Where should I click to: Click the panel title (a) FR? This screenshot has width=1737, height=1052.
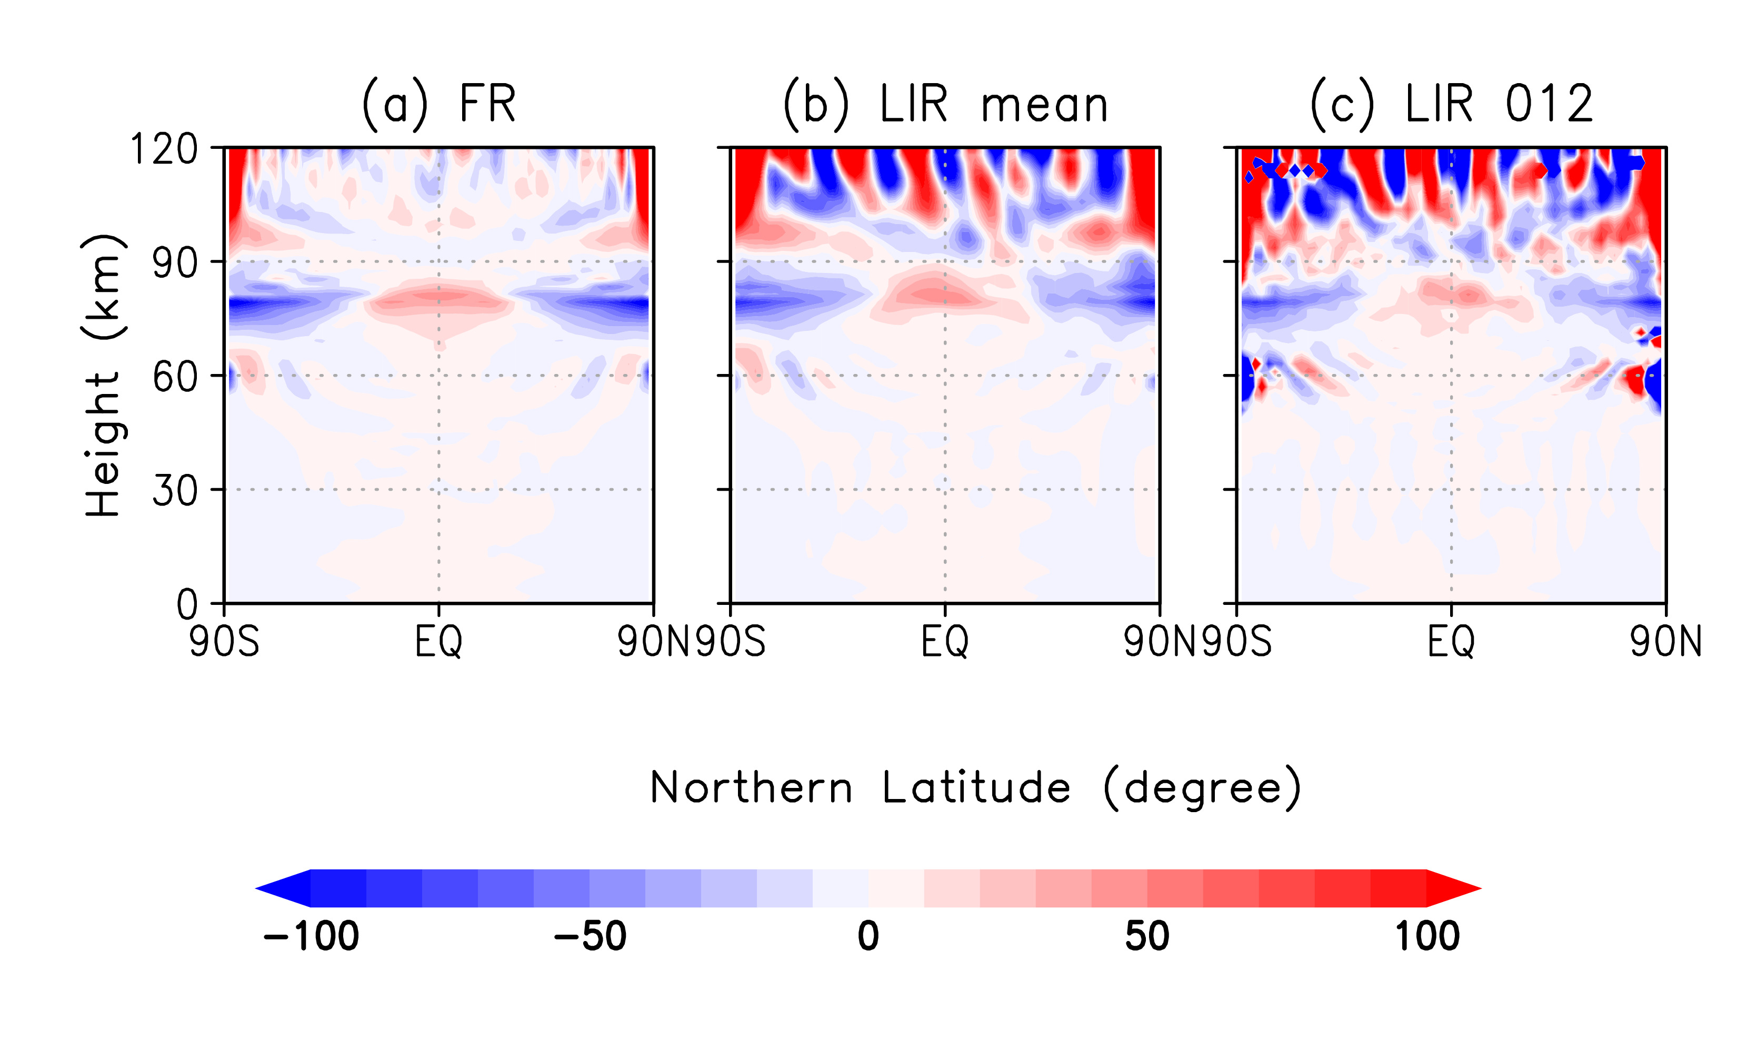pos(438,104)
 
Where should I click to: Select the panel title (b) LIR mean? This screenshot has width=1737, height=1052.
pos(945,104)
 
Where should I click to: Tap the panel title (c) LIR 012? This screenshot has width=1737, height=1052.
pos(1452,104)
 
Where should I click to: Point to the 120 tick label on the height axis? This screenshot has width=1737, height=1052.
pos(164,149)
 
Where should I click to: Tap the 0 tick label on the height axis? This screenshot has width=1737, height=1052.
pos(187,604)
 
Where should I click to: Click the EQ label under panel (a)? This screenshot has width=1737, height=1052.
pos(438,642)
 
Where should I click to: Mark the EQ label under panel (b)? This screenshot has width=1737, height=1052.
pos(945,642)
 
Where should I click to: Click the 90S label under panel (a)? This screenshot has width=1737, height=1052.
pos(224,642)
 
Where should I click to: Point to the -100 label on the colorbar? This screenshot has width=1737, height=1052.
pos(311,936)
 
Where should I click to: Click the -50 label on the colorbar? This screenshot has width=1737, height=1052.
pos(590,936)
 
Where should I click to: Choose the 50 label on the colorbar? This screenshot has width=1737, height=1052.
pos(1147,936)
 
